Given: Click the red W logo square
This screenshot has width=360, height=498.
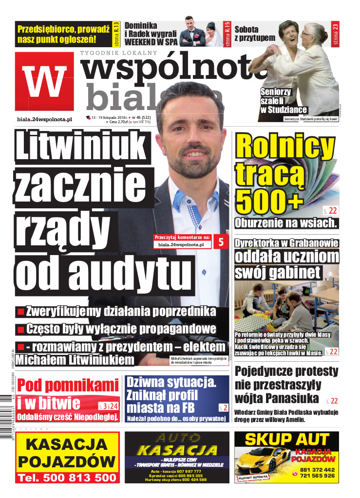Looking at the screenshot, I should pos(44,81).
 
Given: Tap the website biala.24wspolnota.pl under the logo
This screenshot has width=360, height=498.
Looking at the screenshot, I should pos(44,119).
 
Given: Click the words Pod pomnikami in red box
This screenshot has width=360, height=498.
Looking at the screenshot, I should pos(68,386).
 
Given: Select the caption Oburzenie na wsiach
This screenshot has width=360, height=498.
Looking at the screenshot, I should pos(286,223).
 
